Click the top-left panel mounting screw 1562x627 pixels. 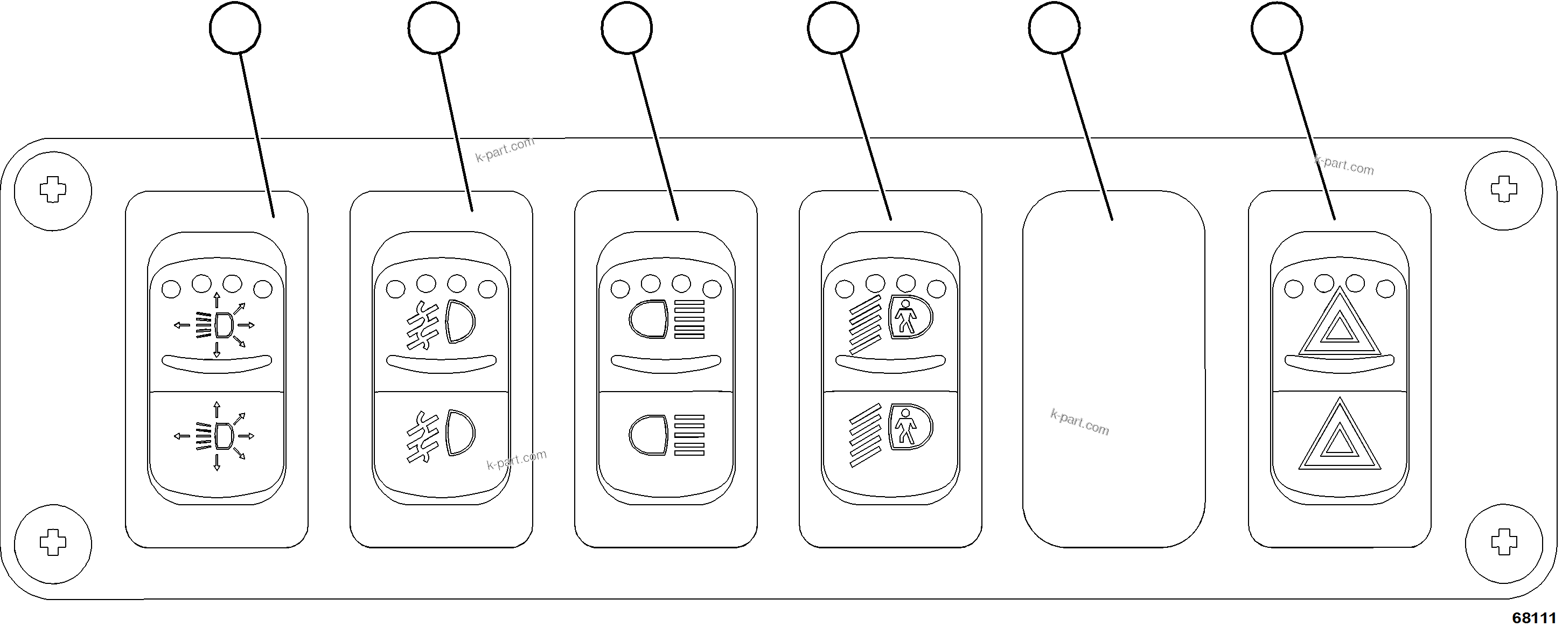coord(53,190)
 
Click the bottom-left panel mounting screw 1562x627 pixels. coord(53,542)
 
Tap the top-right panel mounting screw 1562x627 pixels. coord(1504,190)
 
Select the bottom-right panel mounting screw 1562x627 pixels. coord(1504,542)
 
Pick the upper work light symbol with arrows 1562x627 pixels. coord(217,325)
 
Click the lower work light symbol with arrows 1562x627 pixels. coord(217,435)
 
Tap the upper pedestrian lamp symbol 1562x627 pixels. coord(890,324)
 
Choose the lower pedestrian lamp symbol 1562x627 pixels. coord(890,434)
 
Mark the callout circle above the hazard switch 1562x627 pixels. coord(1277,28)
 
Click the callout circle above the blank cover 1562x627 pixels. coord(1054,28)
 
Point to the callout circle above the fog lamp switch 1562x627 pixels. coord(434,28)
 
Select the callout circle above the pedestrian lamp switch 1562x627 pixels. coord(833,28)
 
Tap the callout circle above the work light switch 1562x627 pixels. coord(235,28)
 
